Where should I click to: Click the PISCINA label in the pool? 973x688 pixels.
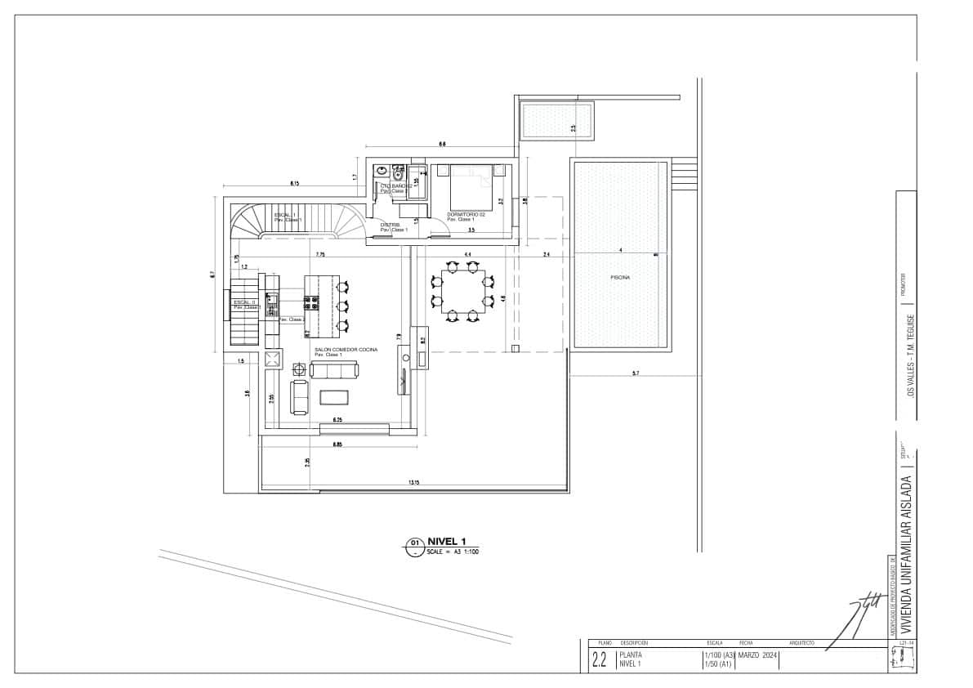tap(620, 278)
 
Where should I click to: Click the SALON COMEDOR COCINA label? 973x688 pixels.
tap(346, 350)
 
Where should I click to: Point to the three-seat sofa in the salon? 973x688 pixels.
tap(334, 371)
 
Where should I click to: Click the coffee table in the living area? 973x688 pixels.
tap(334, 397)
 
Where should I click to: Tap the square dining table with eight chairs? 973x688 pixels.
tap(462, 293)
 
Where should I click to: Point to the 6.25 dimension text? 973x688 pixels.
tap(337, 419)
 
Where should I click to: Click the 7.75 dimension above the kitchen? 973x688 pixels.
tap(321, 255)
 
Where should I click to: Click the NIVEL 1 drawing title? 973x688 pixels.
tap(452, 542)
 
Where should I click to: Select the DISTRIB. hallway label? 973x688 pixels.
tap(391, 225)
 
